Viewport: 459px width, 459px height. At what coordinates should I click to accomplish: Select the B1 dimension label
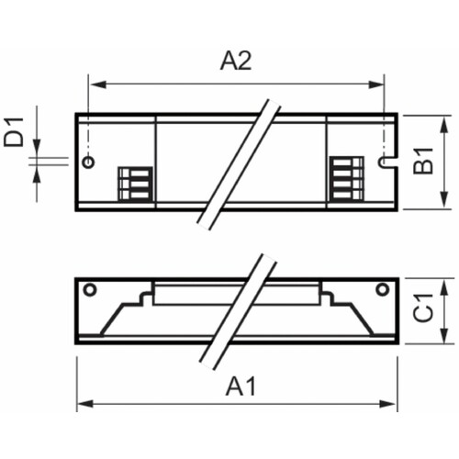(x=423, y=162)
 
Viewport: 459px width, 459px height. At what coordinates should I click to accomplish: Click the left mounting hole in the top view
(x=88, y=162)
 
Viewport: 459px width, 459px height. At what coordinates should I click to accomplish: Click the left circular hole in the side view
(x=89, y=290)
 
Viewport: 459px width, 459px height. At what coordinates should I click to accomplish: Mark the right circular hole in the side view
(x=382, y=290)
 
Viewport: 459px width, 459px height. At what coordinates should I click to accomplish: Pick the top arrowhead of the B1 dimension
(x=445, y=120)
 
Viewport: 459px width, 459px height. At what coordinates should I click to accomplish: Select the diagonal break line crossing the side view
(x=236, y=312)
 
